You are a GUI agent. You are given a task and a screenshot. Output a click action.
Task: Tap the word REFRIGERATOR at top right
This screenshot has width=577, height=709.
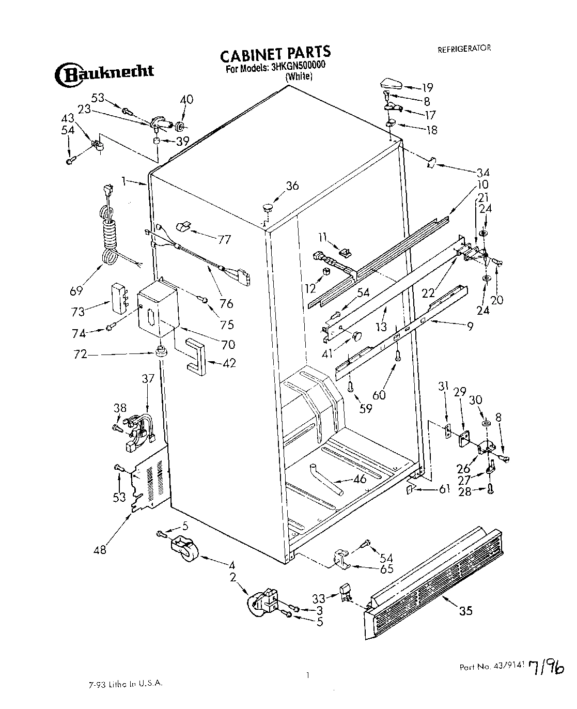[464, 49]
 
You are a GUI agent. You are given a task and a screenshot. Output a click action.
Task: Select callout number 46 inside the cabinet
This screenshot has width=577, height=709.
[360, 479]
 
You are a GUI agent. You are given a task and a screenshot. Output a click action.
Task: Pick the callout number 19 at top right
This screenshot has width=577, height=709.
[427, 87]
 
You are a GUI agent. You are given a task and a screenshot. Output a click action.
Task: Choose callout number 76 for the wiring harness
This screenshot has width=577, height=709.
[226, 303]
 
